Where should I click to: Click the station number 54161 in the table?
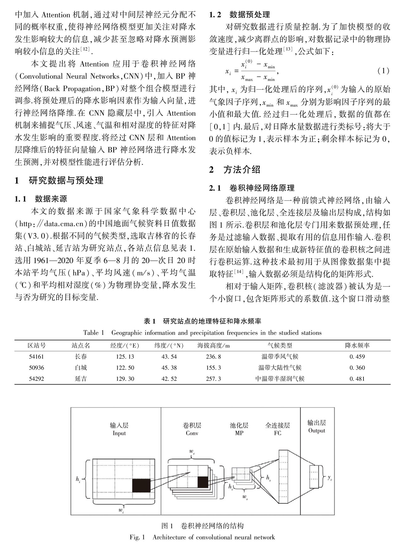click(37, 357)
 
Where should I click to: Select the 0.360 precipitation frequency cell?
click(357, 368)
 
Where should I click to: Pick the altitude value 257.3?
click(213, 379)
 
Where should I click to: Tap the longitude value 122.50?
click(125, 368)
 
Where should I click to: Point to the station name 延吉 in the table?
click(81, 379)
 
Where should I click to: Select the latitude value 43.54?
click(169, 357)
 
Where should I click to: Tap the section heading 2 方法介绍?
click(235, 170)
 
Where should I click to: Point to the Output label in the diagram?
click(317, 431)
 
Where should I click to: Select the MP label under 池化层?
click(239, 433)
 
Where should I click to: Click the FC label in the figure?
click(277, 433)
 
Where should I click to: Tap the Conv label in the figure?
click(192, 433)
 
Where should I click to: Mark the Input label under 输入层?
click(119, 433)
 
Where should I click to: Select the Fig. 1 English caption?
click(202, 537)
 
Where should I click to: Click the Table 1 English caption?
click(202, 333)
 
